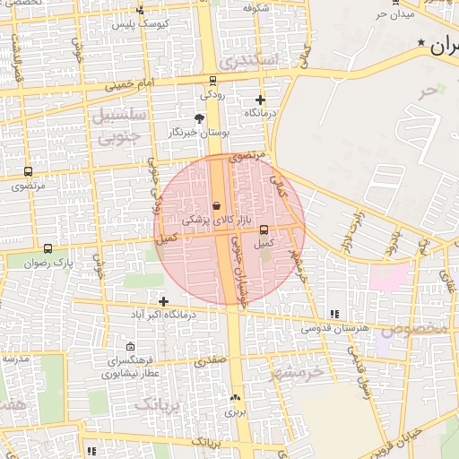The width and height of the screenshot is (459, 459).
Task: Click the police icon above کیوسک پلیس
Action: pos(140,10)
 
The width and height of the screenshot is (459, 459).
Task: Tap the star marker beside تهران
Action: pos(421,43)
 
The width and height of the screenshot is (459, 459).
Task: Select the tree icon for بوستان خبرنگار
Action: pos(199,117)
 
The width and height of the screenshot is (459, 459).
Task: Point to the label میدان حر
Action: pos(395,15)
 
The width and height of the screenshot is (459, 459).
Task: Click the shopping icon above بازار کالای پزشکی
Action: pos(216,205)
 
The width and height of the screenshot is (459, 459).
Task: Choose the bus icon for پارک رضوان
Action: pos(48,249)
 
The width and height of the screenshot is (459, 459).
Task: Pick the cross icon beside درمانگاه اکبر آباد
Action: pos(162,301)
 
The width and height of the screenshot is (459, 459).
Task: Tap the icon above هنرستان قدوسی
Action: pos(334,314)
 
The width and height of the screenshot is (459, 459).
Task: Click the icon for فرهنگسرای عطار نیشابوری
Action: pos(131,347)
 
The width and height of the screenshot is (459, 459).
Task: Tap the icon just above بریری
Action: pos(235,398)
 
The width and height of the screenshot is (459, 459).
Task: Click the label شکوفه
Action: pos(255,7)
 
